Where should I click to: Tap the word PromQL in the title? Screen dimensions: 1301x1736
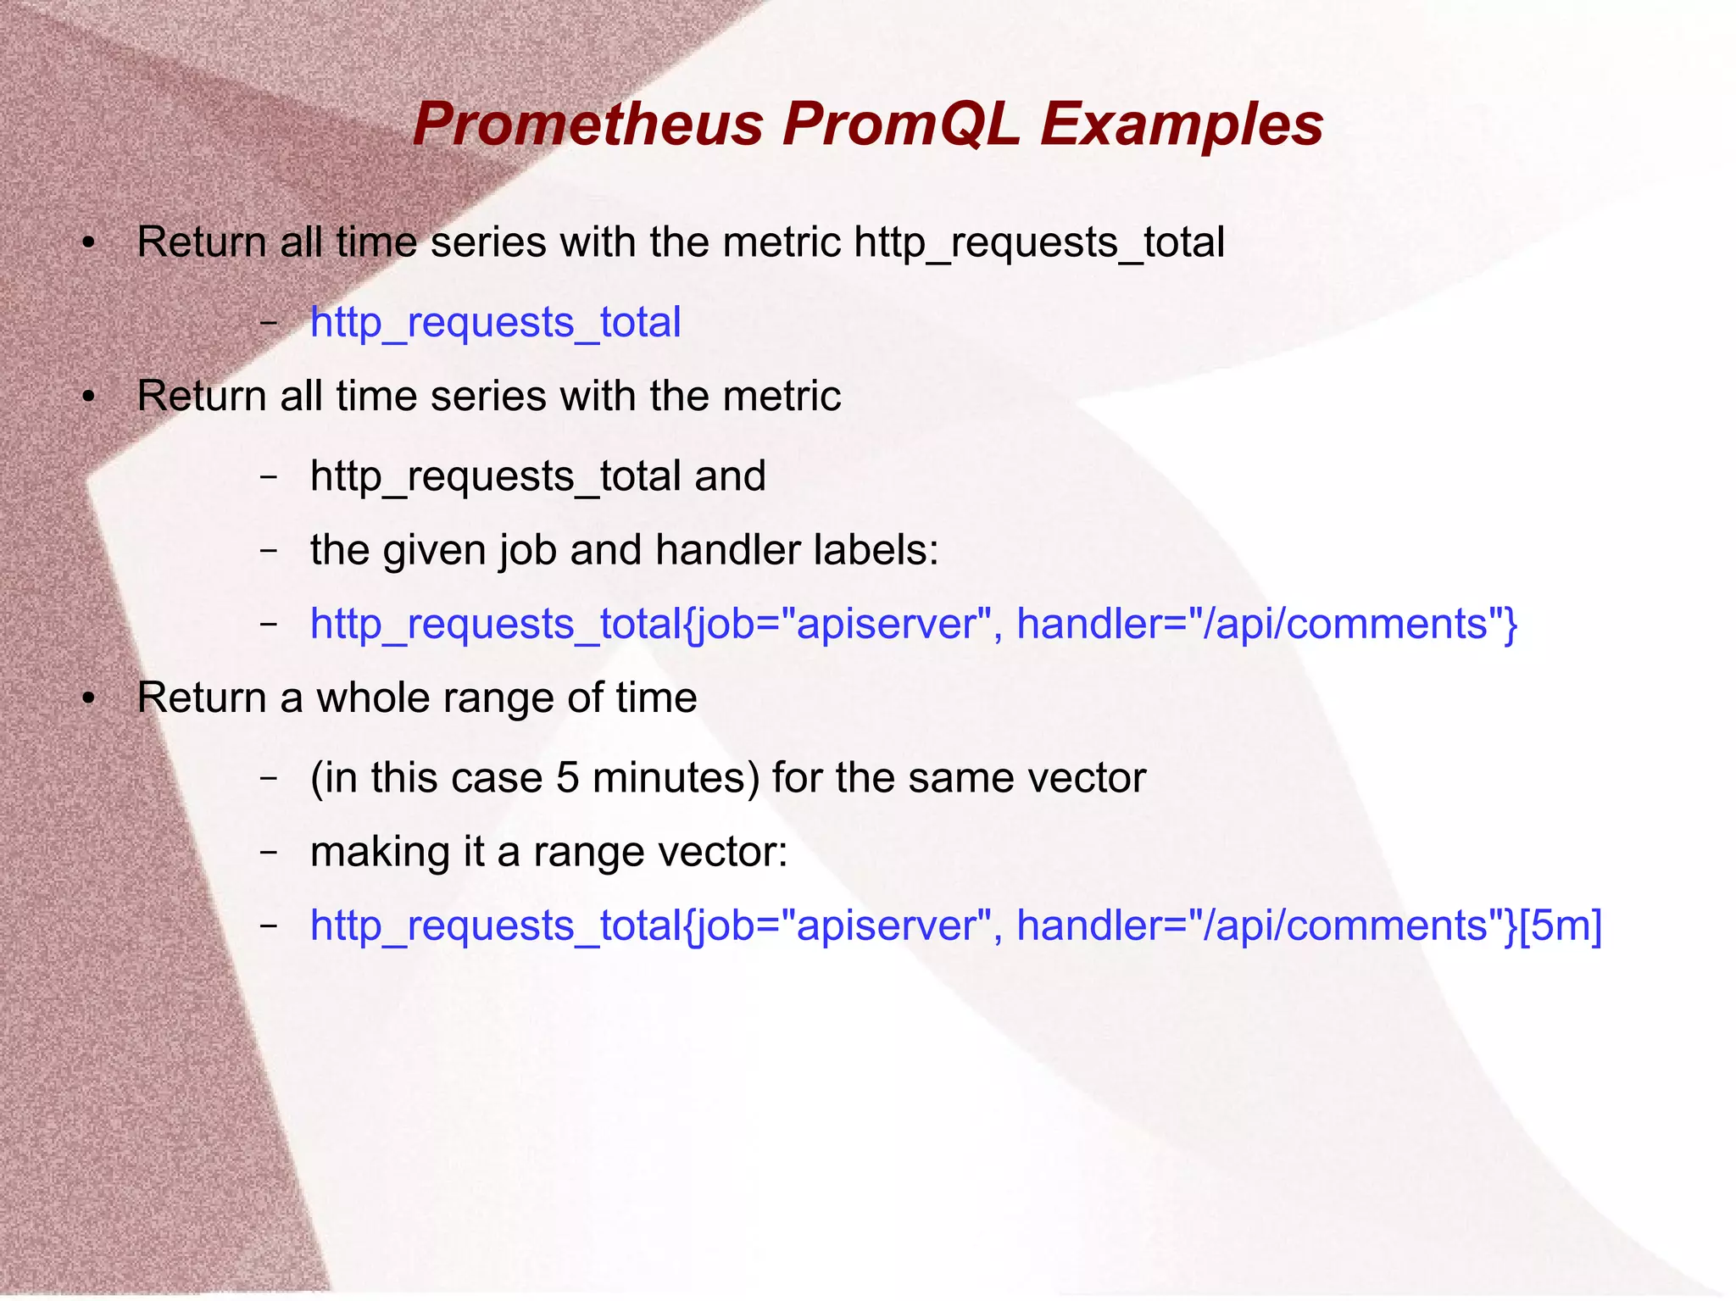[x=900, y=125]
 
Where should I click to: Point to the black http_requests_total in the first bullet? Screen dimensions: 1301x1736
[x=1038, y=243]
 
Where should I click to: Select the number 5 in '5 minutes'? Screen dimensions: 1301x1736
[x=567, y=778]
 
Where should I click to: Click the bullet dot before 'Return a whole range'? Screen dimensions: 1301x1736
[x=87, y=700]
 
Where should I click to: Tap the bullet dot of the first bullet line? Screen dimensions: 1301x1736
[x=87, y=245]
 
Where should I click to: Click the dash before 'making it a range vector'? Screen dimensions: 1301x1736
[x=268, y=851]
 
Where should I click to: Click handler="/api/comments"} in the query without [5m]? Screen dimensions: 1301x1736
[x=1266, y=625]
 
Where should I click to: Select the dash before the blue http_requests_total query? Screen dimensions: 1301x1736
[x=268, y=322]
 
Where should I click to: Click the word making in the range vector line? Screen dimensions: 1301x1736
[x=380, y=852]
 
